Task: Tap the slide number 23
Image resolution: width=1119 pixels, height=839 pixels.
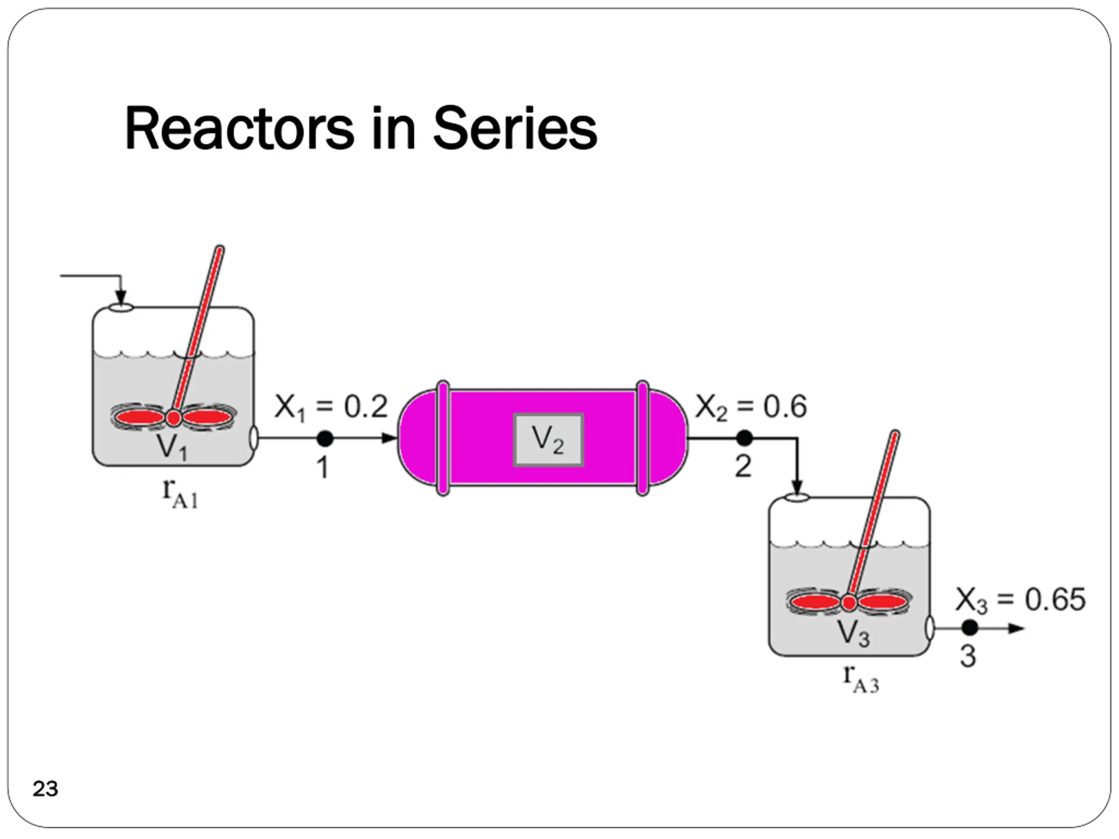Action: [45, 788]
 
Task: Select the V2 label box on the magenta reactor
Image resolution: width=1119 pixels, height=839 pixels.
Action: [549, 440]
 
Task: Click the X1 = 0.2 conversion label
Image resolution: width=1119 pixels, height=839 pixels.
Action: [331, 407]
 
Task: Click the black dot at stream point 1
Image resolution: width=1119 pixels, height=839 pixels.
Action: [325, 438]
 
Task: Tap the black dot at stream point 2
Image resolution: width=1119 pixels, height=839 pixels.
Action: [744, 438]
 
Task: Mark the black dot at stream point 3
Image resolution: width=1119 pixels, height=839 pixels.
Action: [969, 628]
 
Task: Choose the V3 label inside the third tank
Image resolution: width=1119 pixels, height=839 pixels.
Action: [853, 633]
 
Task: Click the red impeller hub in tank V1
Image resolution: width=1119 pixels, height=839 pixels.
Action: [174, 418]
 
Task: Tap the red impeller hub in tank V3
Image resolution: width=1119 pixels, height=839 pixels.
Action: [849, 602]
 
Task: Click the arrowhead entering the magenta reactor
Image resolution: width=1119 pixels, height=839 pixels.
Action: [389, 438]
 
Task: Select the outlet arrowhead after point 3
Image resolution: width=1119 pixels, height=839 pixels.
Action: [1017, 629]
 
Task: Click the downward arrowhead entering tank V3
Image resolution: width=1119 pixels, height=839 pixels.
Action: [797, 488]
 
